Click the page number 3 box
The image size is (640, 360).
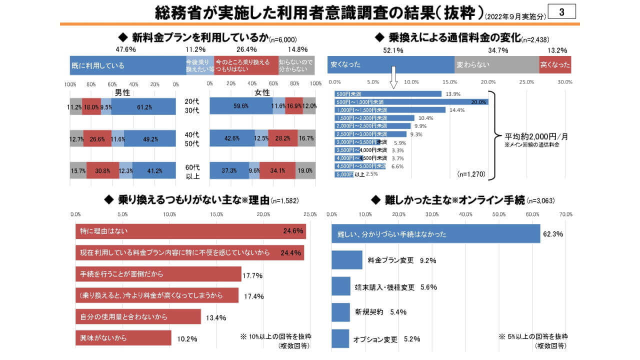coord(562,12)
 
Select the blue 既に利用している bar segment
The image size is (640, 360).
coord(127,65)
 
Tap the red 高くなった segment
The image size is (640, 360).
coord(555,65)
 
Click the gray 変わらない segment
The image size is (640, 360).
coord(496,65)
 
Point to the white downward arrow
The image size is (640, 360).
coord(393,78)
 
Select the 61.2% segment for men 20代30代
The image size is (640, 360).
coord(143,106)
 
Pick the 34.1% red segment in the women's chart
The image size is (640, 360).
coord(277,170)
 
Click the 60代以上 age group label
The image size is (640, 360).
coord(192,170)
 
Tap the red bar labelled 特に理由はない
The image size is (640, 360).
coord(190,231)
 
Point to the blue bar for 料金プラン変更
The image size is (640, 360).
coord(346,260)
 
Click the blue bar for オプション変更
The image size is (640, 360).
coord(340,339)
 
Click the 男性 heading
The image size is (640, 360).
coord(122,92)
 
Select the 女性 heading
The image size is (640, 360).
coord(262,92)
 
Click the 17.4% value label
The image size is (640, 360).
coord(253,296)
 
